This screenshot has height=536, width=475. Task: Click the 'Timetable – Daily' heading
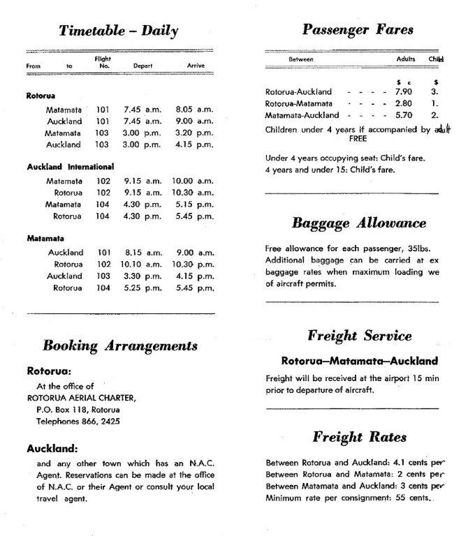click(x=118, y=30)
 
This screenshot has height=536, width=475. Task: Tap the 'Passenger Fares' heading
click(x=358, y=29)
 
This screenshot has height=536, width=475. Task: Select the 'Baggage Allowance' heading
click(x=358, y=223)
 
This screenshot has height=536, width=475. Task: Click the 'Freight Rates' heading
click(x=359, y=438)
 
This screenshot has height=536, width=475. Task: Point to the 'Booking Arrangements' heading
click(x=120, y=345)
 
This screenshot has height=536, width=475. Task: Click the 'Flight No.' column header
click(x=103, y=62)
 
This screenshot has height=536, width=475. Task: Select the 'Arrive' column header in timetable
click(x=195, y=66)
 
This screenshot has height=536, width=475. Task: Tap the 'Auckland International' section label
click(x=70, y=167)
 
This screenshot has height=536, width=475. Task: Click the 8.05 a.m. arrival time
click(x=192, y=110)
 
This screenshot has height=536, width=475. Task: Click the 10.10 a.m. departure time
click(x=141, y=265)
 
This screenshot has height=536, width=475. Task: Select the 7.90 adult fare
click(x=404, y=92)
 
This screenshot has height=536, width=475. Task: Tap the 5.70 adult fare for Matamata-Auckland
click(x=404, y=115)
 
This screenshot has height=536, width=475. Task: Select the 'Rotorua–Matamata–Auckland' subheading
click(x=359, y=362)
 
